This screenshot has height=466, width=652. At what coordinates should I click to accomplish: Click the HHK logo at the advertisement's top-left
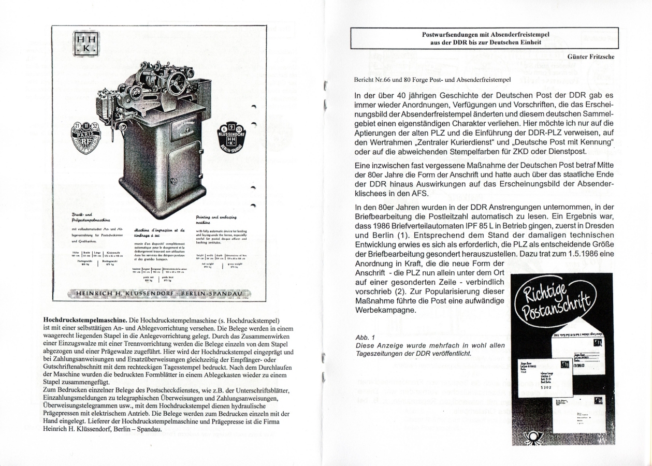(85, 42)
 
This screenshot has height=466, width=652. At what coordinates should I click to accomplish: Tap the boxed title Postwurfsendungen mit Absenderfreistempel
(485, 38)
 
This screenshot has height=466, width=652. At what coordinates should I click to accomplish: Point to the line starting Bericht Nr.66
(431, 80)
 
